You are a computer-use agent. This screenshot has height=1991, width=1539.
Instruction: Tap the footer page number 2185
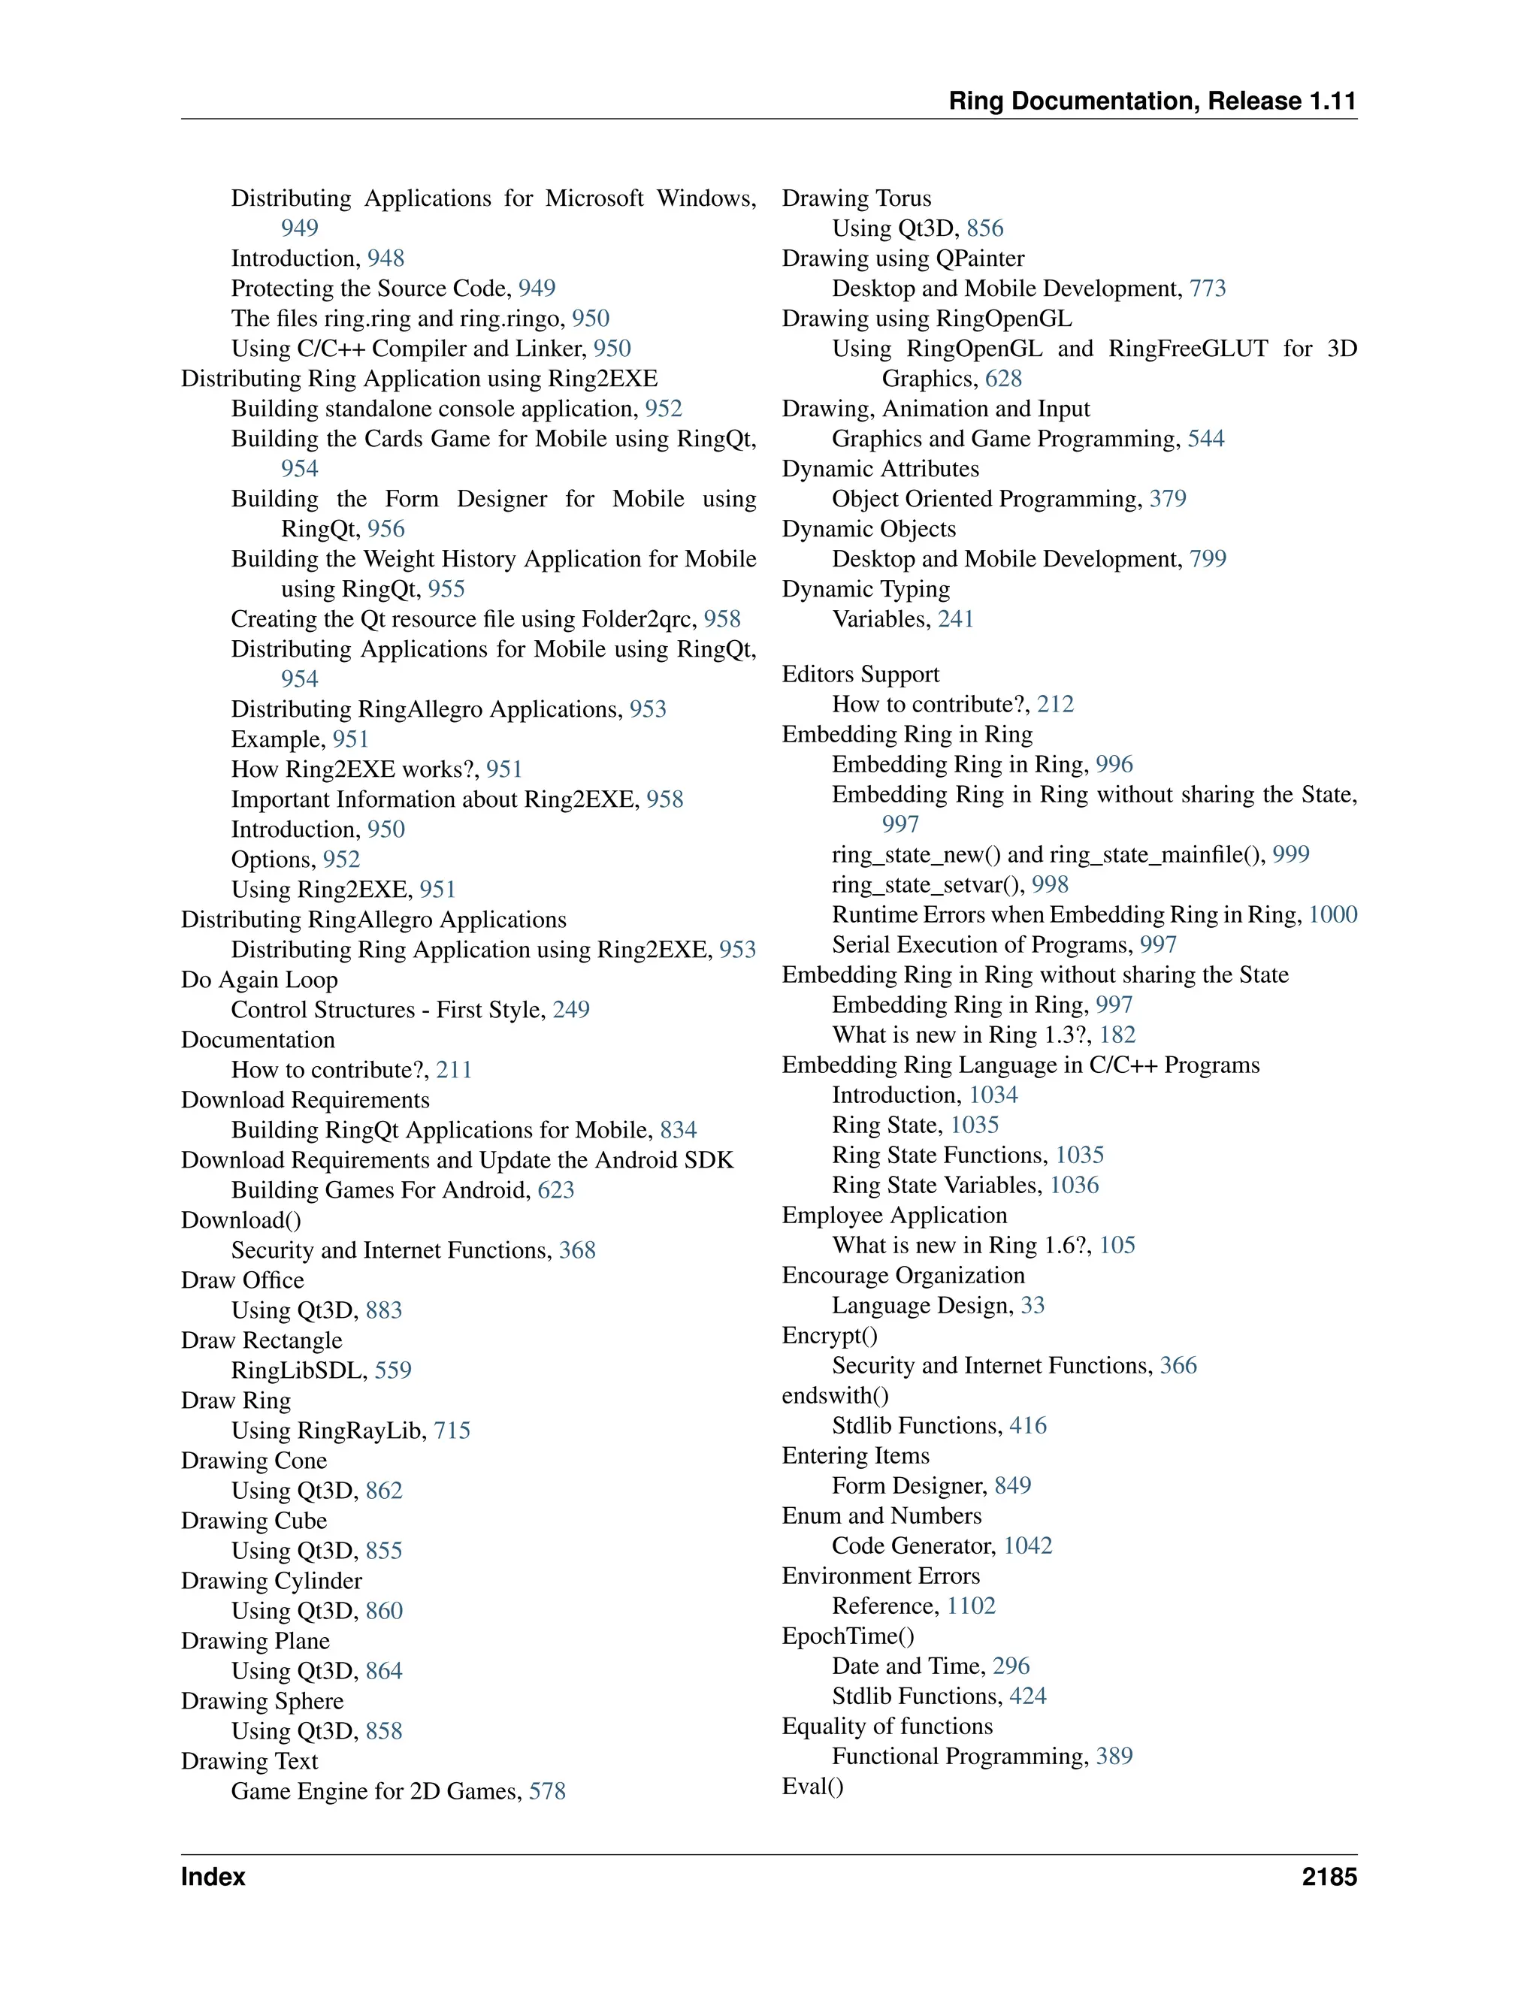tap(1329, 1876)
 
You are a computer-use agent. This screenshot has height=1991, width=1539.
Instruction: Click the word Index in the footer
tap(213, 1876)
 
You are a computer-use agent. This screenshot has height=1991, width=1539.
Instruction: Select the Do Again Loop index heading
tap(259, 980)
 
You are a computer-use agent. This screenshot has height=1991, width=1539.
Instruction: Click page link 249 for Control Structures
tap(571, 1010)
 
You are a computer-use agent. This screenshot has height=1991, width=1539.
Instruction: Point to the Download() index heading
tap(240, 1221)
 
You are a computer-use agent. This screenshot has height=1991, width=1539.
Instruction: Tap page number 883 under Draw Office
tap(384, 1311)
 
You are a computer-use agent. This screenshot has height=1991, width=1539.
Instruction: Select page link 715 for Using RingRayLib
tap(452, 1431)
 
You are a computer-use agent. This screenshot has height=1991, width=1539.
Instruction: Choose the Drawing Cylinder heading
tap(271, 1581)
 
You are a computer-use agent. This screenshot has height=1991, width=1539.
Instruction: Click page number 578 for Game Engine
tap(547, 1791)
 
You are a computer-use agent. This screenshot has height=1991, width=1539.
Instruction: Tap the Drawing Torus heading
tap(856, 199)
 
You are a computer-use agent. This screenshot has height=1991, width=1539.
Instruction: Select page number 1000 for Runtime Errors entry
tap(1332, 914)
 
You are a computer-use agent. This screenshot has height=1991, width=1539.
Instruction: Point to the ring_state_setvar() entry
tap(927, 884)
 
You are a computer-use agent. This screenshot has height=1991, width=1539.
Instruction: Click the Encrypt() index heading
tap(830, 1336)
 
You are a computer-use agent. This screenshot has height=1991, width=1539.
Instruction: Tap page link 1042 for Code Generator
tap(1027, 1546)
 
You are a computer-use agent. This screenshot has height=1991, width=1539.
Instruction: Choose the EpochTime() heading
tap(848, 1636)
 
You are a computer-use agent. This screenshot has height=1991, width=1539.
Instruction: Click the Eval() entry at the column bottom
tap(812, 1786)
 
